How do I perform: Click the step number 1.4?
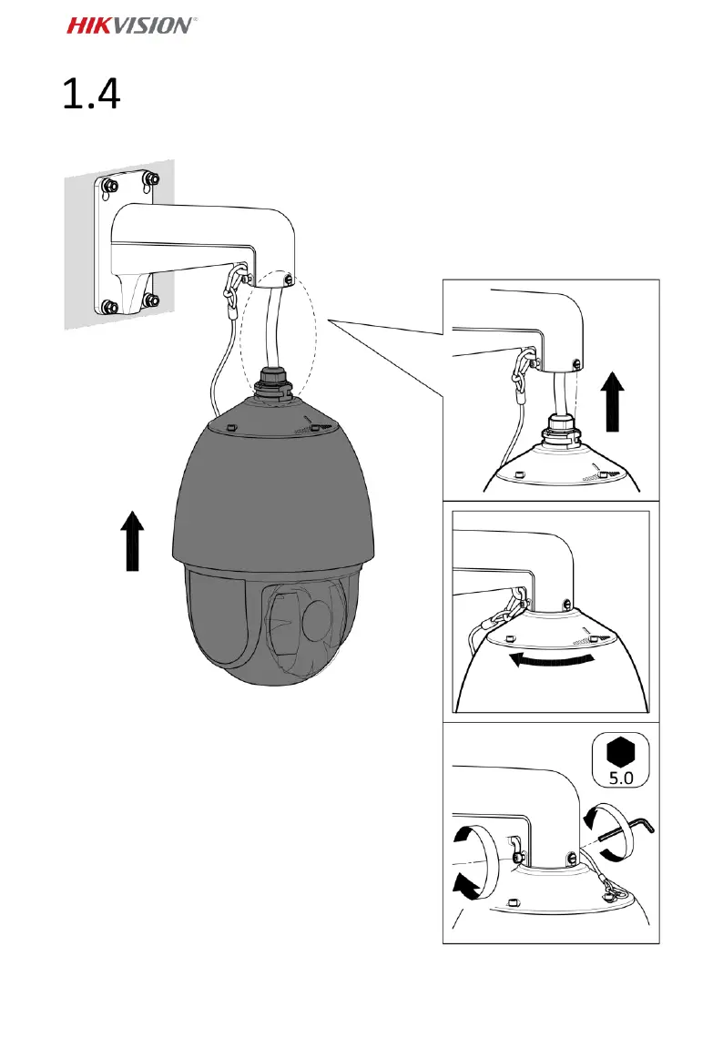[x=92, y=95]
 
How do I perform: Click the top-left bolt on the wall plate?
[x=109, y=188]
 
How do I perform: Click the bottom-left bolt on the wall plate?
[x=109, y=307]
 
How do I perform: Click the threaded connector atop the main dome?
[x=272, y=383]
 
